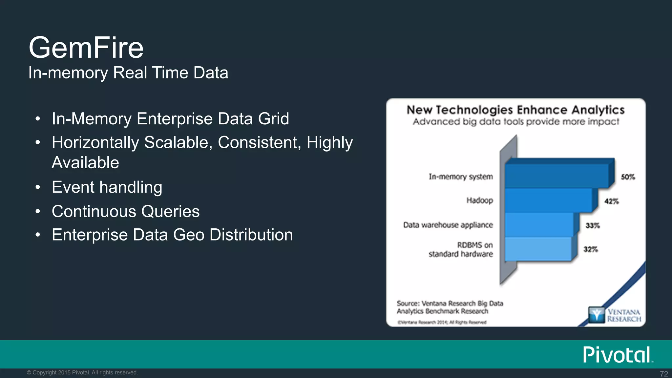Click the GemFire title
(86, 48)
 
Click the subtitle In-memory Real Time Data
(128, 73)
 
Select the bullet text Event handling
(107, 187)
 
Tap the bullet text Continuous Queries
(126, 211)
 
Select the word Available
(85, 163)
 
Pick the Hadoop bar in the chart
(548, 200)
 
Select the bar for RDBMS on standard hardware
(537, 249)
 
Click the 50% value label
(628, 177)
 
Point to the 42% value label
(612, 201)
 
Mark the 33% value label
(593, 225)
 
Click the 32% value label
(591, 249)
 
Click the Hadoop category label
(480, 200)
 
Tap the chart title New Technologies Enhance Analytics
(515, 110)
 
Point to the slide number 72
(664, 374)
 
